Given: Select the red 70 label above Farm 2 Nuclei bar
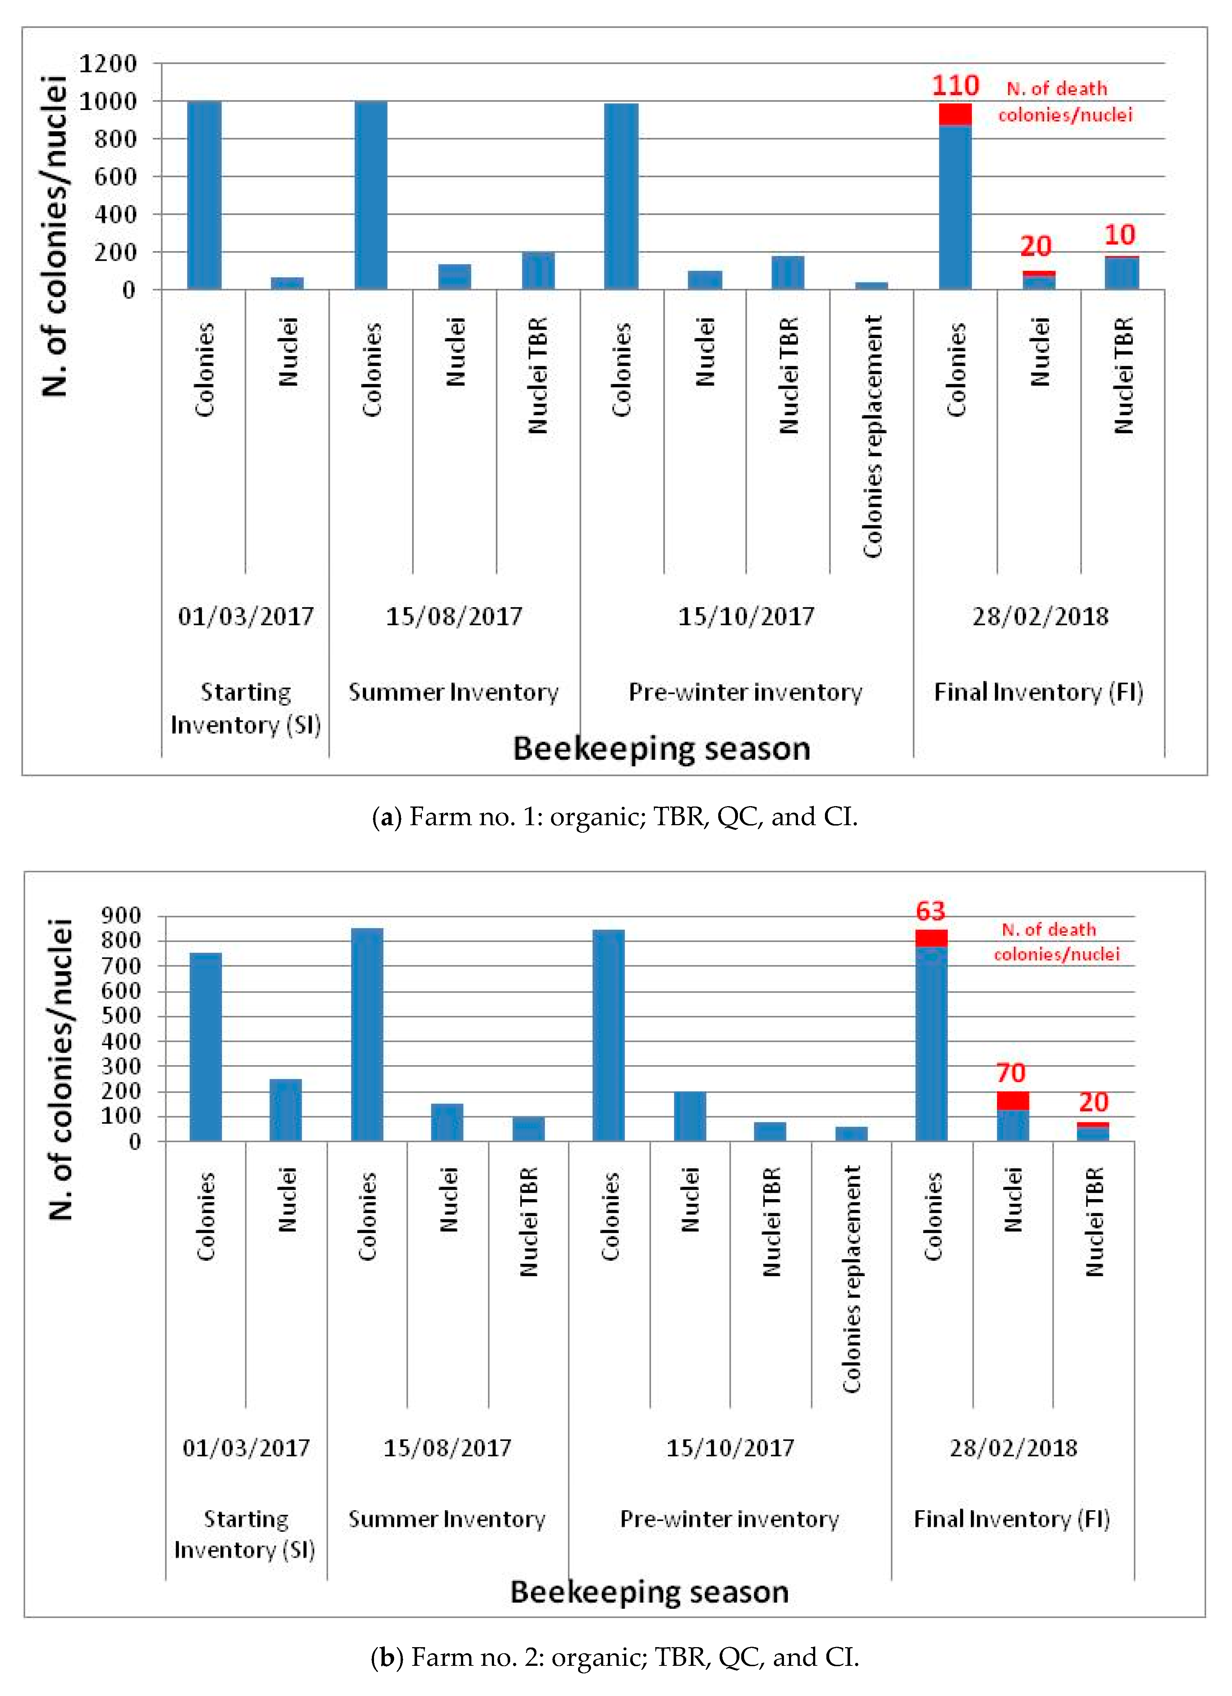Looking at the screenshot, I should point(1011,1073).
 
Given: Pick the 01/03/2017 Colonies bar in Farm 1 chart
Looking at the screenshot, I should point(204,194).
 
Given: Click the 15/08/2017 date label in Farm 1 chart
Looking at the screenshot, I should point(453,616).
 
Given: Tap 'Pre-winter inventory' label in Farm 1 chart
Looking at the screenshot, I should point(745,693).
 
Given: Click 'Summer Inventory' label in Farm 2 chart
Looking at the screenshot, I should point(447,1520).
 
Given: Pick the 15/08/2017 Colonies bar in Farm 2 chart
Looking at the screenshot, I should point(366,1034).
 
